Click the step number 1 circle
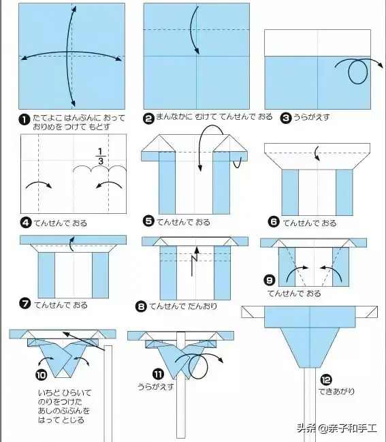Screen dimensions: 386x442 tap(25, 119)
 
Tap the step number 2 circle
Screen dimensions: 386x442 tap(148, 119)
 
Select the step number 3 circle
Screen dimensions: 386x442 tap(286, 118)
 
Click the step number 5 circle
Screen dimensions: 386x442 tap(148, 221)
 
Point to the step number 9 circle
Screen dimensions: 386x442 tap(270, 280)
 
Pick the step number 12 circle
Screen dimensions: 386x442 tap(326, 380)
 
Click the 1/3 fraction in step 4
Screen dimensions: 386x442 tap(101, 156)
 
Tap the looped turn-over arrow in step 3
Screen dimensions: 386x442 tap(358, 70)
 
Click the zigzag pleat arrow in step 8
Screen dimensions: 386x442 tap(195, 261)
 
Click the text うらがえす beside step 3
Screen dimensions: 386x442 tap(312, 117)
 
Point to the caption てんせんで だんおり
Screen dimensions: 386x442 tap(183, 306)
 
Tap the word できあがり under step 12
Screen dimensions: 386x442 tap(336, 391)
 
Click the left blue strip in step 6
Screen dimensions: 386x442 tap(290, 193)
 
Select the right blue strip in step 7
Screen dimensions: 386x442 tap(100, 275)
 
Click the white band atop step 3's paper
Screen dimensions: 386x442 tap(317, 43)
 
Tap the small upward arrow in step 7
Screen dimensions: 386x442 tap(72, 244)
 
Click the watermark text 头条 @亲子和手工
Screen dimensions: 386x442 tap(337, 428)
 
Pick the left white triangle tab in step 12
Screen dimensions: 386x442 tap(253, 312)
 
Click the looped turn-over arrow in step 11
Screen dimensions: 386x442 tap(199, 365)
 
